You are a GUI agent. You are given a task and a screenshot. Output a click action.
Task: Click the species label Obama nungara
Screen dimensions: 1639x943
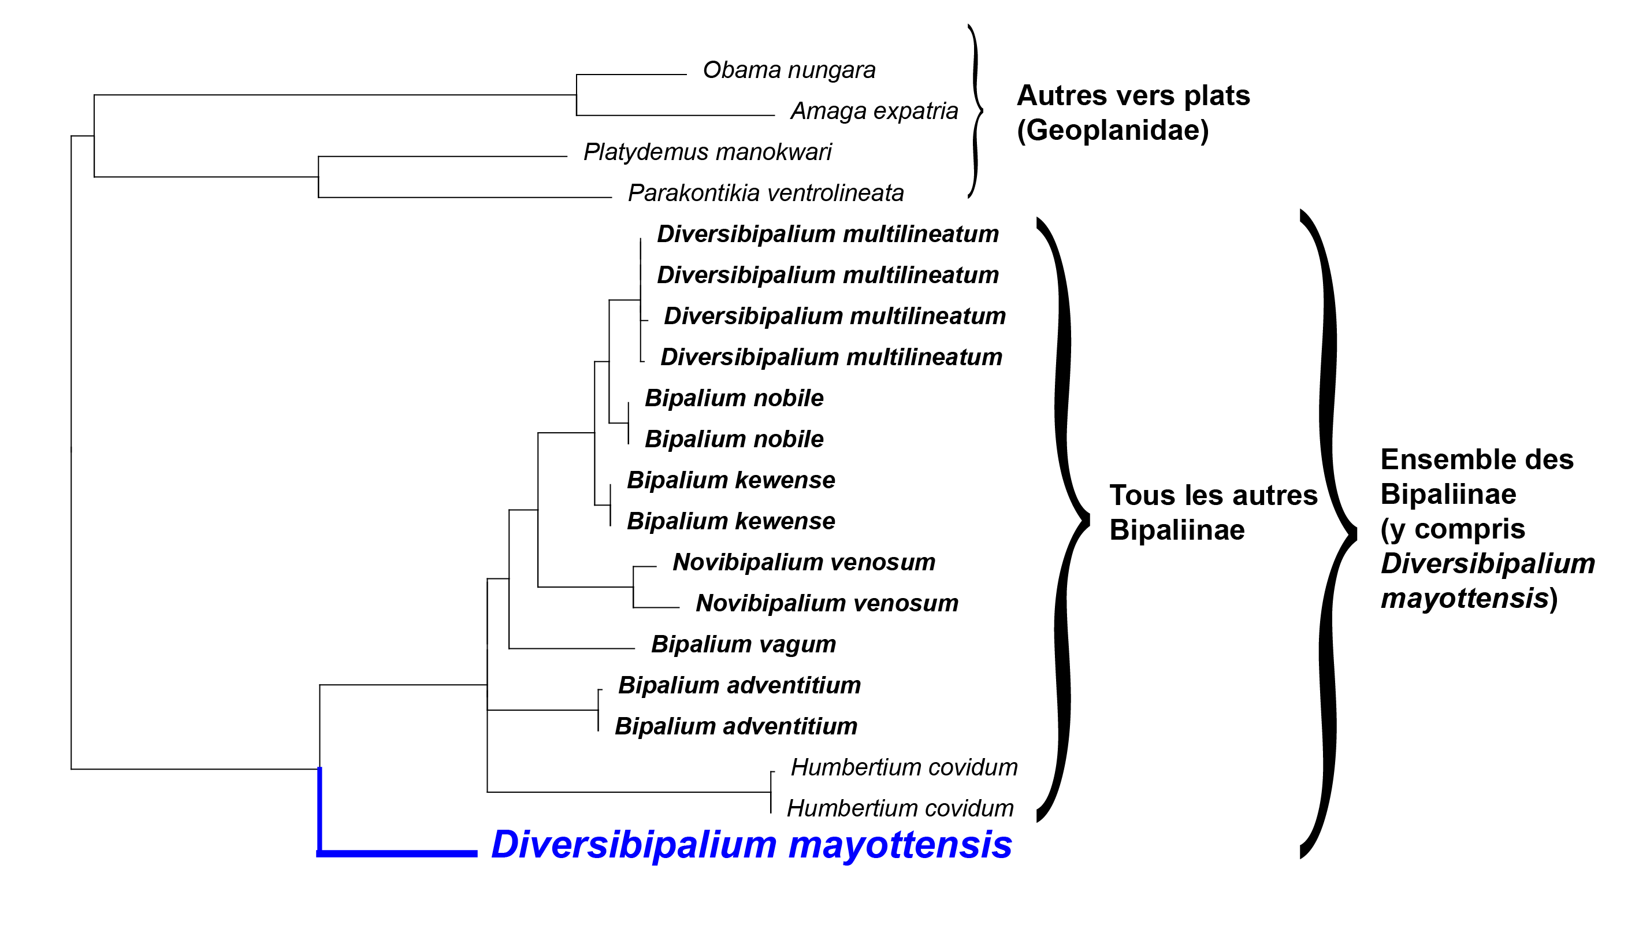789,70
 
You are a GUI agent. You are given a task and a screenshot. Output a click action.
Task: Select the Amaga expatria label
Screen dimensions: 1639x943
874,111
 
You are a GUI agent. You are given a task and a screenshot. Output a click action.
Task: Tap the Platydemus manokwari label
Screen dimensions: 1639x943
707,151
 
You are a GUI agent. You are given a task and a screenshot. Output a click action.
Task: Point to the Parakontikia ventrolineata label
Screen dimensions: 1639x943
765,192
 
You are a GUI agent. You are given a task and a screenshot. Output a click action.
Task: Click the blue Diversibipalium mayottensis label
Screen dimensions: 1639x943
751,845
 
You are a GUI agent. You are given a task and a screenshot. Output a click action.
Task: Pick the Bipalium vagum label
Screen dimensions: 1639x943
744,644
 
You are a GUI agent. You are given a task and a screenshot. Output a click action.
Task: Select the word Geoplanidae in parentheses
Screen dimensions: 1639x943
1113,130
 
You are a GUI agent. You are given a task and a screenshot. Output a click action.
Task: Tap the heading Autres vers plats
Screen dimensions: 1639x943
1133,95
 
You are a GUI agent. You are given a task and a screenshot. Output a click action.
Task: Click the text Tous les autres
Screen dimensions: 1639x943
1213,495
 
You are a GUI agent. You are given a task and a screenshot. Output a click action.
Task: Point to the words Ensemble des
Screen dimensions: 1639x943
1477,459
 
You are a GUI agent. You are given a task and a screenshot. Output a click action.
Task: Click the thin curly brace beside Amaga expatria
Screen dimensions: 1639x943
975,111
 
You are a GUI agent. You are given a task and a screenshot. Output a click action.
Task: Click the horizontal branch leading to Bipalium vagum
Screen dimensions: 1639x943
572,648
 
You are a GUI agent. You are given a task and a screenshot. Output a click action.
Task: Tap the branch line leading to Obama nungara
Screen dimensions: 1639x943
631,75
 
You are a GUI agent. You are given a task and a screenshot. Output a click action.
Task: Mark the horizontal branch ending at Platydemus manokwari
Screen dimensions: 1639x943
443,156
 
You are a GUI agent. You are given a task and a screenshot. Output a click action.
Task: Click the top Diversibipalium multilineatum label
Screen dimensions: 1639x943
828,234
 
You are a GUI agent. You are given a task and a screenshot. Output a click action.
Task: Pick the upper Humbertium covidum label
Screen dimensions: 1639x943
904,767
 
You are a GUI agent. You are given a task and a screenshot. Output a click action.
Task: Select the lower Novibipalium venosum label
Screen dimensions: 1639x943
827,603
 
